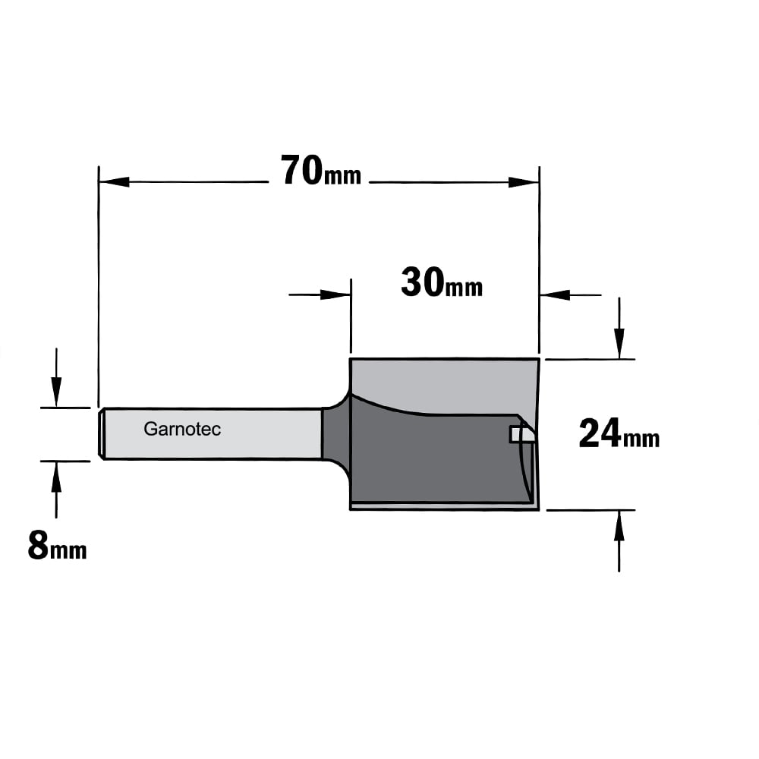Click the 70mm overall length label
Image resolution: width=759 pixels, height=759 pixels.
pos(321,170)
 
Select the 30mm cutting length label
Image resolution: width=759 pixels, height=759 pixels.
pos(442,283)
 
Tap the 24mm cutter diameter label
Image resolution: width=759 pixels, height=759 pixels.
pos(619,434)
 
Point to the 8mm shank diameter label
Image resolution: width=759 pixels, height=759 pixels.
pos(57,546)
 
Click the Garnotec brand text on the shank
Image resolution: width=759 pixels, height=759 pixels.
pos(182,429)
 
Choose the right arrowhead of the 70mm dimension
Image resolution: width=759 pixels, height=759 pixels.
pos(524,182)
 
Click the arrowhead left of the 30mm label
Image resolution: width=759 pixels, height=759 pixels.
pos(335,294)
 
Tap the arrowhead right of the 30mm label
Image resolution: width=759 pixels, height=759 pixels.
pos(556,294)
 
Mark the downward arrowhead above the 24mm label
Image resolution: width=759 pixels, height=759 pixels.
pos(619,344)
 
